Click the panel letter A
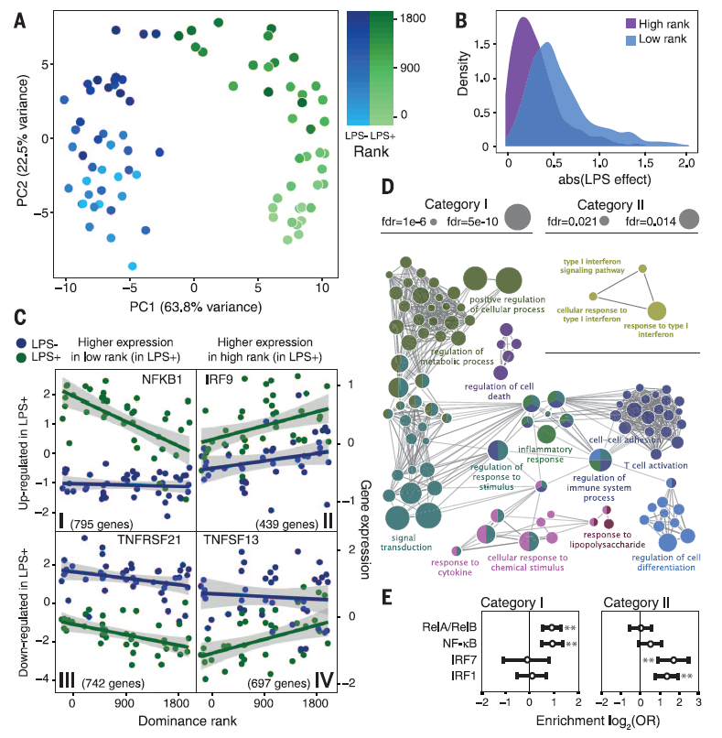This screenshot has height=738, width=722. [19, 17]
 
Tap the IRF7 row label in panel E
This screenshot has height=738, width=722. [458, 659]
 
